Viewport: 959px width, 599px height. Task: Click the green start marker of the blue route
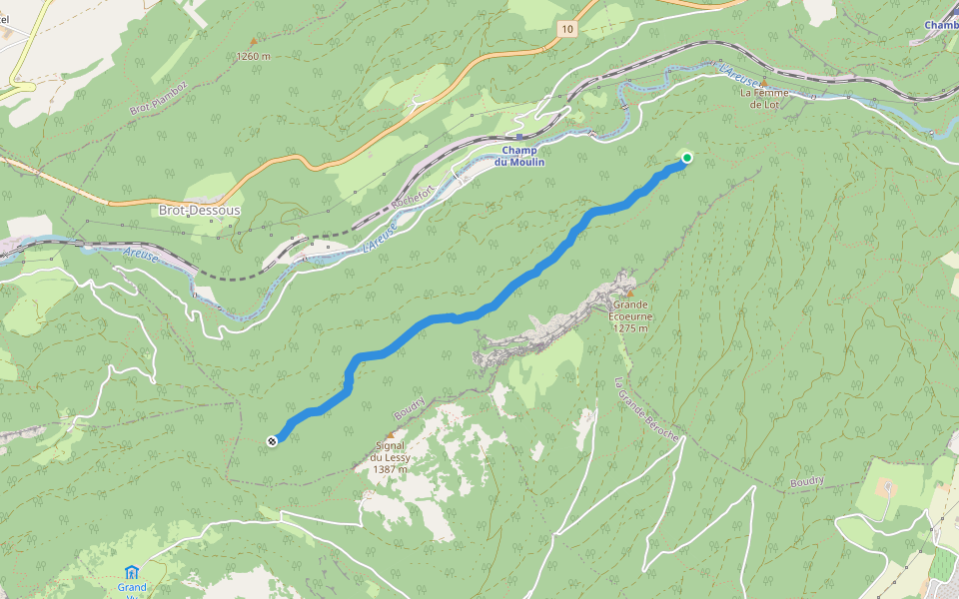686,158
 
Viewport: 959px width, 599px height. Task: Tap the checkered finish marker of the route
272,440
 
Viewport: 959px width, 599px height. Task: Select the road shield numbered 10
567,29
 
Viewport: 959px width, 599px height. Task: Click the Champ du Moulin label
520,156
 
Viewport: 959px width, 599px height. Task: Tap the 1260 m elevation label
254,57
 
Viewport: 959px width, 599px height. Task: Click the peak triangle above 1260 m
253,45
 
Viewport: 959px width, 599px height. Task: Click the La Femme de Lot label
764,99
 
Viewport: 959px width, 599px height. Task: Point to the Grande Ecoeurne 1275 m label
631,316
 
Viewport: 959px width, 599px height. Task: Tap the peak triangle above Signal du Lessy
391,435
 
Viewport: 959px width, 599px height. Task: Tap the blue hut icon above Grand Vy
132,572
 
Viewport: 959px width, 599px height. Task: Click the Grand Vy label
132,587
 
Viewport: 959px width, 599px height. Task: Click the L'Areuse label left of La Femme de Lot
739,73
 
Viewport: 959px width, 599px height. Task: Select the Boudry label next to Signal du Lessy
410,408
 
